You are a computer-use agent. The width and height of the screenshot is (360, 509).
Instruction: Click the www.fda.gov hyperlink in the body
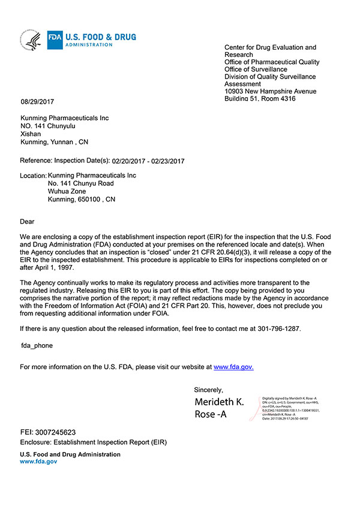233,367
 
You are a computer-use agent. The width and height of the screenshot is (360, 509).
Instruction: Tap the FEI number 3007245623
57,432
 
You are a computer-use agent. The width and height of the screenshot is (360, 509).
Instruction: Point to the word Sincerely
208,390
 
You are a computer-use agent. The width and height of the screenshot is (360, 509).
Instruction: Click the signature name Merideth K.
220,402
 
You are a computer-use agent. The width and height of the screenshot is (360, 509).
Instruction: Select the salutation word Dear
28,222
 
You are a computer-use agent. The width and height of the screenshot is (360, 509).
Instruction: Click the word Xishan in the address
31,134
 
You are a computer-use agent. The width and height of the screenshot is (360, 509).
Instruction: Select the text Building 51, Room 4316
260,98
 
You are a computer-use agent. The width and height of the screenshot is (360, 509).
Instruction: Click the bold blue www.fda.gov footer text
38,462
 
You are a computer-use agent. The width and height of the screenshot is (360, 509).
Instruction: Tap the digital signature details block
292,408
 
